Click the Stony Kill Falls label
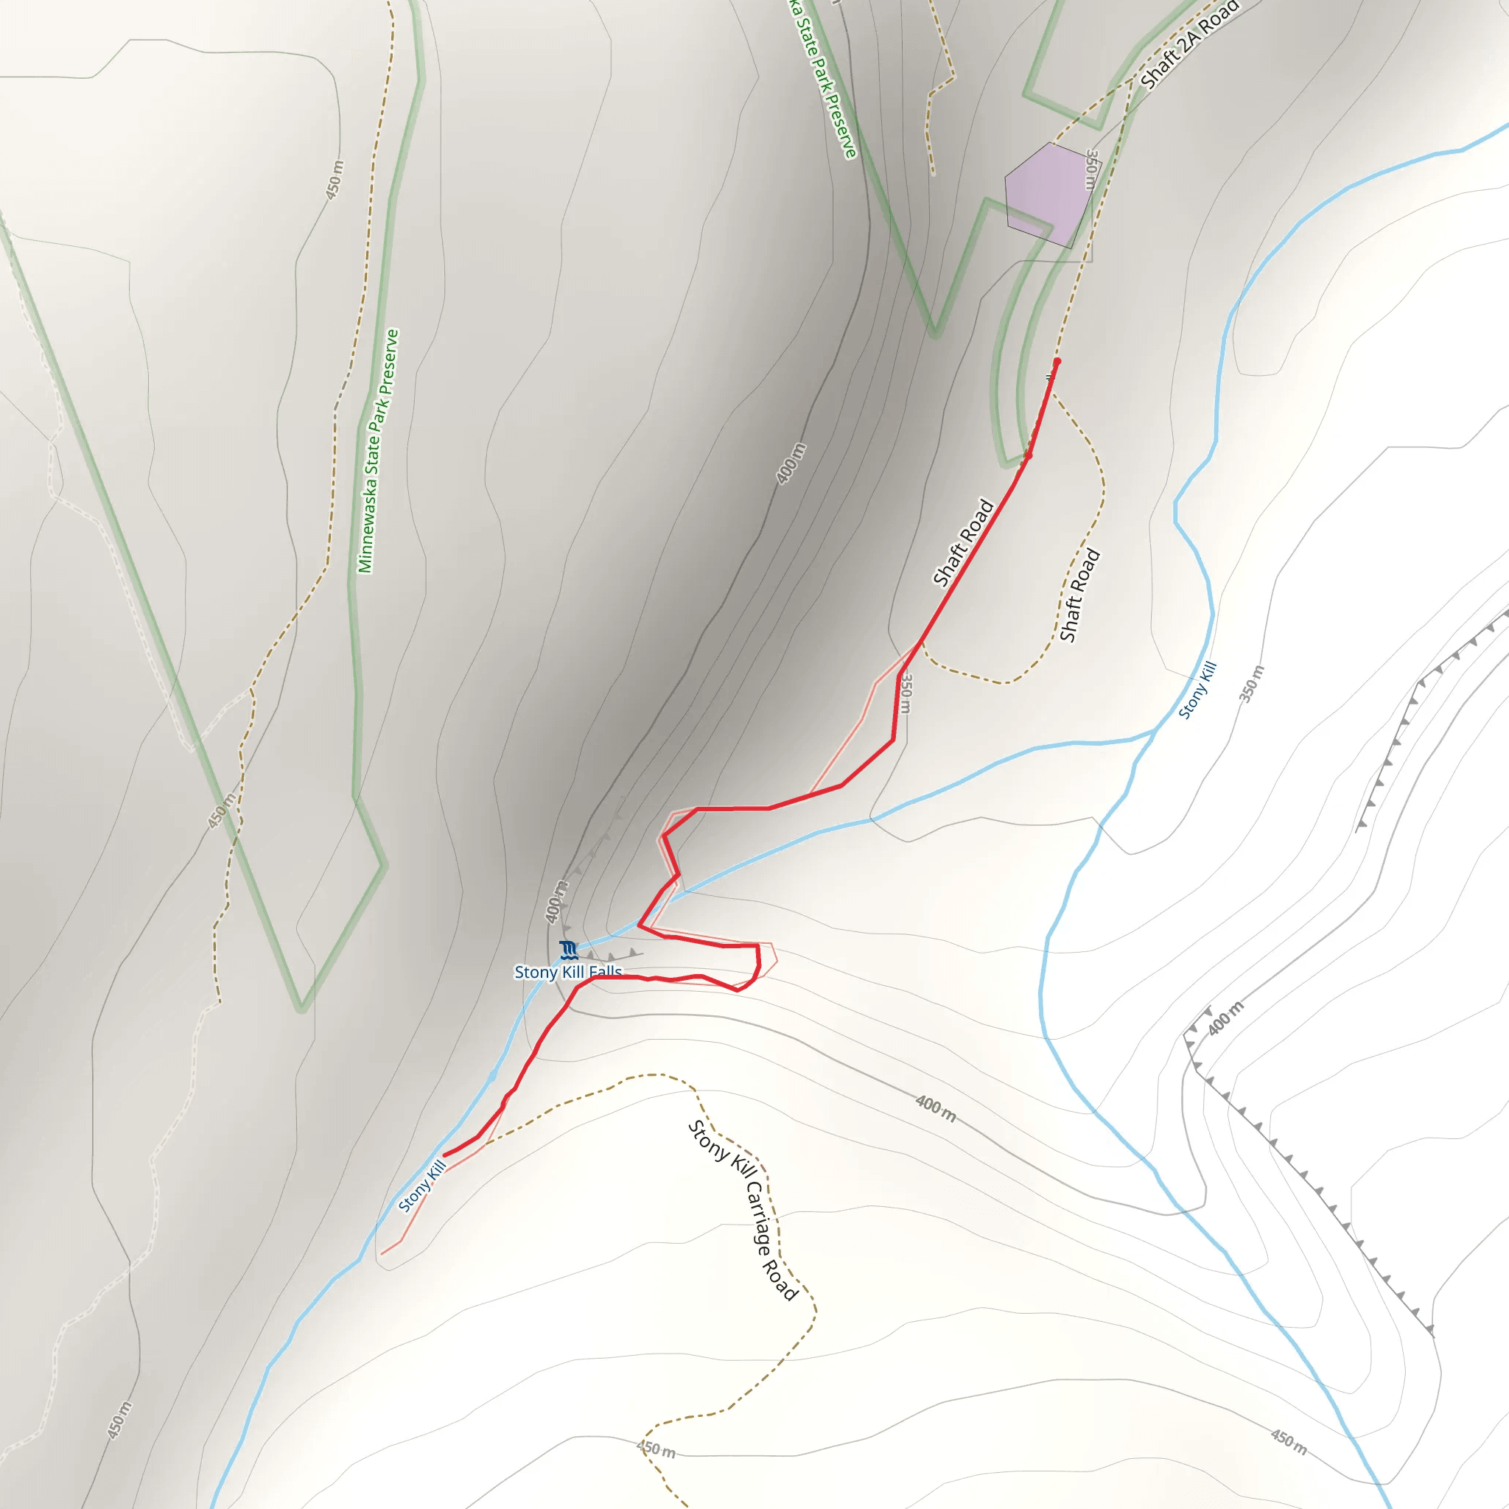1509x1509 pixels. tap(568, 972)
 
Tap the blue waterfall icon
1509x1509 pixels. tap(569, 950)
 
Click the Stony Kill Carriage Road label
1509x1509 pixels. tap(743, 1211)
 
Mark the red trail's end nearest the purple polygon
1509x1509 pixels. tap(1057, 362)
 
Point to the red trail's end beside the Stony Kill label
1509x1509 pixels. tap(445, 1155)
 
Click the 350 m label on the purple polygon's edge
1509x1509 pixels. tap(1091, 169)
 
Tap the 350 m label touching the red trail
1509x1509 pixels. tap(905, 693)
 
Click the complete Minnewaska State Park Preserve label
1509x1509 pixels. tap(378, 451)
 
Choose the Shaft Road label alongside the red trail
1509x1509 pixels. tap(963, 543)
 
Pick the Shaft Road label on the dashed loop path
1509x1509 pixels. tap(1079, 595)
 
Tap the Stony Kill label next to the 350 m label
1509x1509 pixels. tap(1197, 690)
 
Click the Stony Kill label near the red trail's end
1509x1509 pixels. tap(421, 1186)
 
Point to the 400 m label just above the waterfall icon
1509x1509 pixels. tap(556, 902)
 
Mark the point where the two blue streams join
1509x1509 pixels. tap(1155, 731)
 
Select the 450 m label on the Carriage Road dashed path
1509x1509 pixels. tap(656, 1449)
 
